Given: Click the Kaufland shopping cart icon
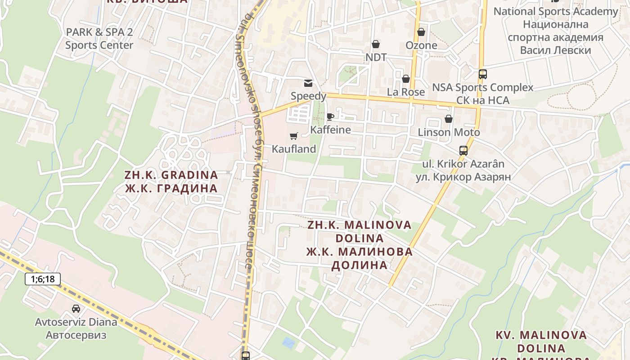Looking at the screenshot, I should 294,135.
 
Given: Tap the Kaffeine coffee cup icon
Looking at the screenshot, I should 330,117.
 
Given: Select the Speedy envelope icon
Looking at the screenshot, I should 308,83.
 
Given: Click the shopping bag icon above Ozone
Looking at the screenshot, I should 421,32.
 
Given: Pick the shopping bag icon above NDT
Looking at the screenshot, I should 376,44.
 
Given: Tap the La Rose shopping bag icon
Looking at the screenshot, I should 406,79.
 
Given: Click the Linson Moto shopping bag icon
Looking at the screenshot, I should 449,119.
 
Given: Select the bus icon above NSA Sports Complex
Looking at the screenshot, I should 483,74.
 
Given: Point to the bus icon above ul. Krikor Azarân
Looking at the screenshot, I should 463,150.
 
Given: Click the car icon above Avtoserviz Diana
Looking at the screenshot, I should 76,309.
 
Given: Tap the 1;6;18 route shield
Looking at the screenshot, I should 43,279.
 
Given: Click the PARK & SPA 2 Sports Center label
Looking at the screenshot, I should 99,39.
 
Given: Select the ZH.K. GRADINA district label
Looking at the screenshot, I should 171,175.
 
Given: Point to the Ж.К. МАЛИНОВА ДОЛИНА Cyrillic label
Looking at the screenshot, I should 360,258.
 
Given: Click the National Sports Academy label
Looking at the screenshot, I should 556,12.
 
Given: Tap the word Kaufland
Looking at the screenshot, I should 294,149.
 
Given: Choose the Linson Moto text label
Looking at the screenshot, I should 449,132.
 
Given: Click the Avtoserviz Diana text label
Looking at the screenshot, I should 76,322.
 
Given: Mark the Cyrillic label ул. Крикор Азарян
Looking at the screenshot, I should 463,177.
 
